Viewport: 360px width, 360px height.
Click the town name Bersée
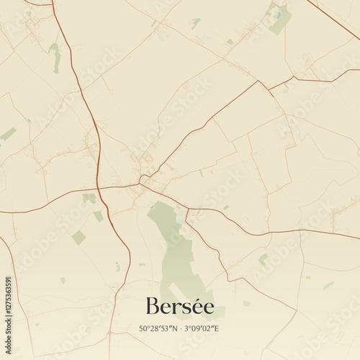click(179, 307)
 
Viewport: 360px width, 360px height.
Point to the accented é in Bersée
click(207, 307)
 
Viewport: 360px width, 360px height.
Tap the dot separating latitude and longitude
click(180, 329)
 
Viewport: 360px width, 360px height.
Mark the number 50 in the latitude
click(143, 328)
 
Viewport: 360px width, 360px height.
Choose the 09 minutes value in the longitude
click(197, 328)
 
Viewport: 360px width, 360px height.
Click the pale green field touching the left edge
click(7, 134)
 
